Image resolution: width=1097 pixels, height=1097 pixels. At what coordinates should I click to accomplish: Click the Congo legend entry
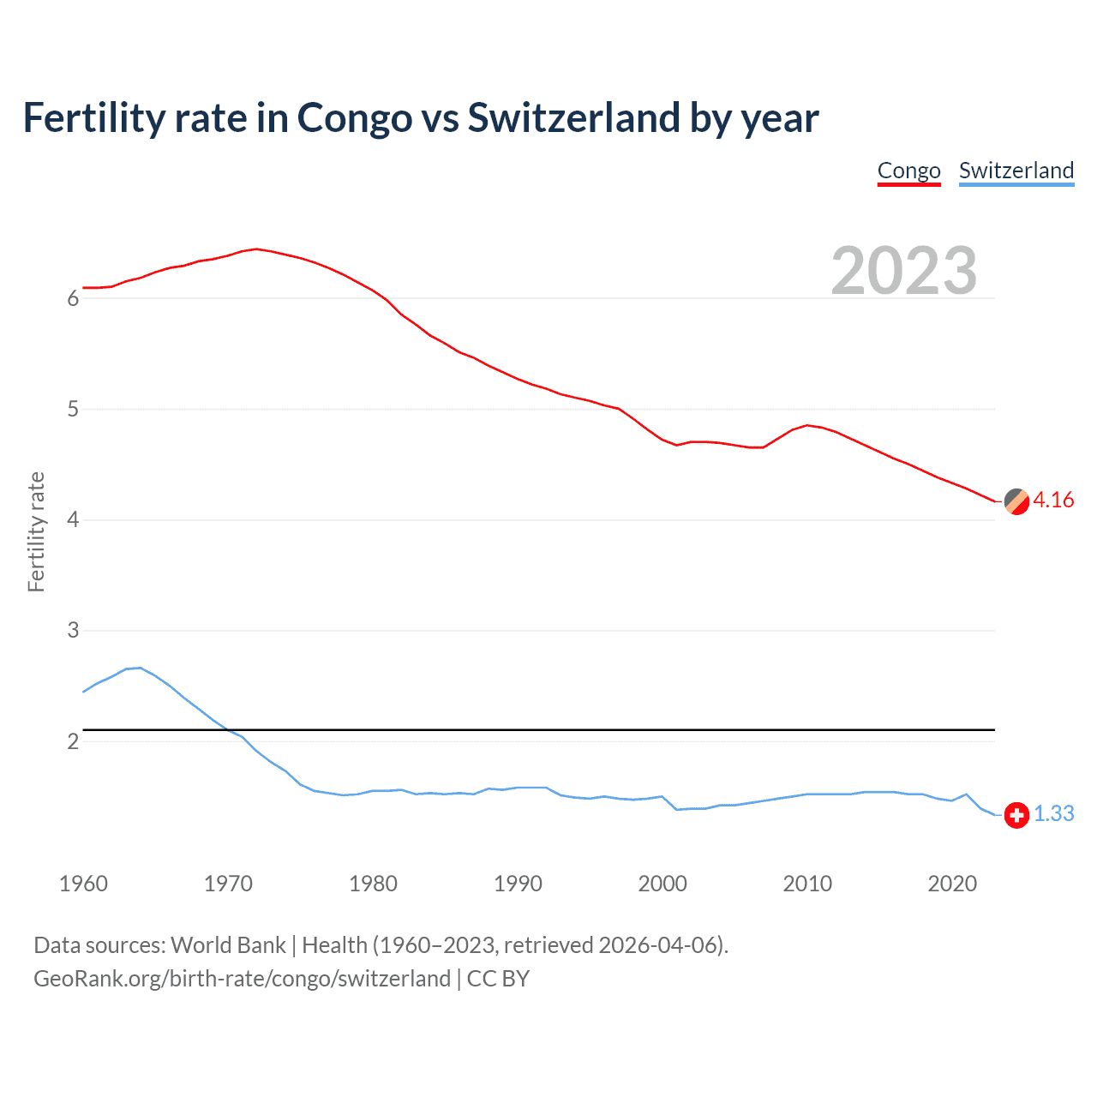908,171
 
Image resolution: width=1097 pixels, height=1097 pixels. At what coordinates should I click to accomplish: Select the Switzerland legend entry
1016,171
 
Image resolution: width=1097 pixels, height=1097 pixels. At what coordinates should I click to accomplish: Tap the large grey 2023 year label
903,271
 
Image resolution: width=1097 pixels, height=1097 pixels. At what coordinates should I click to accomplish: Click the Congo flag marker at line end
1016,501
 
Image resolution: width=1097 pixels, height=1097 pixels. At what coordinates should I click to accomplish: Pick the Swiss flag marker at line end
1016,815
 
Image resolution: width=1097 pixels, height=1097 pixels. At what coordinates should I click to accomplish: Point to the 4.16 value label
1053,501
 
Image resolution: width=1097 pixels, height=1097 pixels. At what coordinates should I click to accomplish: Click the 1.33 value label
1053,814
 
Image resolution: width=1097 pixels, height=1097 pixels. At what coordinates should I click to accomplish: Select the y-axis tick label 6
73,299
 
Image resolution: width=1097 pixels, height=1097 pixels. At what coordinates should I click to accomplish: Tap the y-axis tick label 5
73,410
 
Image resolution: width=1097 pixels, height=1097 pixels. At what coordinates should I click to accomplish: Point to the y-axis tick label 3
73,631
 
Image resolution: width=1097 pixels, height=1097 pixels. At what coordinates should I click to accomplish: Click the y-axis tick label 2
73,741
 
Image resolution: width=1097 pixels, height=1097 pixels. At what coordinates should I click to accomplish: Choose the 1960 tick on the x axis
83,884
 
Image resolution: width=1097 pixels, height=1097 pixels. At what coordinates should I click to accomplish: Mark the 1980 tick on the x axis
373,884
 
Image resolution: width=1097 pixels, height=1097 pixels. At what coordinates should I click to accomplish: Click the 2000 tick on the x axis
662,884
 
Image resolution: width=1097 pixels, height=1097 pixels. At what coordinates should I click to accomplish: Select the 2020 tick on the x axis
952,884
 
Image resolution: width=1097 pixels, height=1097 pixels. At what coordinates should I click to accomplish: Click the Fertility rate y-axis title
36,531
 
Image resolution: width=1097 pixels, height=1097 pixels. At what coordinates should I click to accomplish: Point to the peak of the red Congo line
256,249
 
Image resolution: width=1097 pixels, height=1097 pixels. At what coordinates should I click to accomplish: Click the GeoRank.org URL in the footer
242,979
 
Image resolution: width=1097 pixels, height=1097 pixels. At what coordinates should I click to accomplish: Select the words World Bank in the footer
228,945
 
